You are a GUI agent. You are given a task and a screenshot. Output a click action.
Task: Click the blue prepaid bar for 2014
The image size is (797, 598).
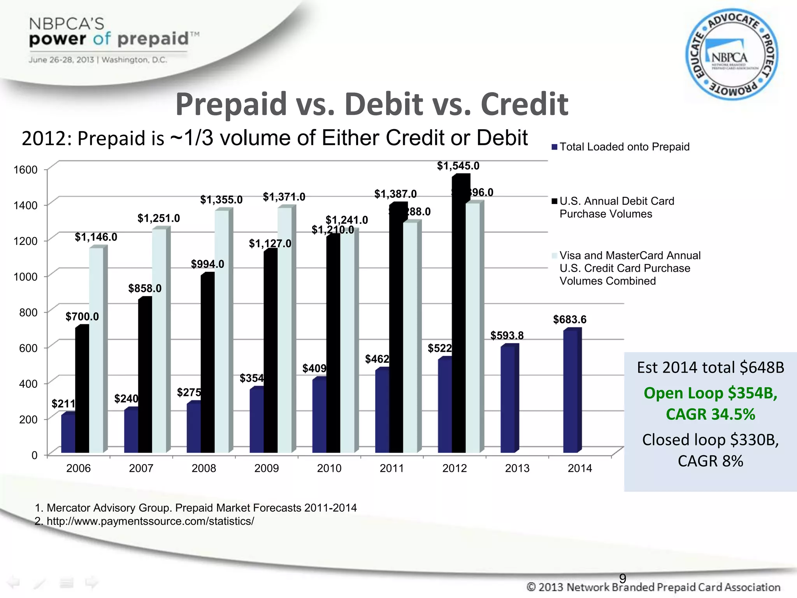[x=571, y=391]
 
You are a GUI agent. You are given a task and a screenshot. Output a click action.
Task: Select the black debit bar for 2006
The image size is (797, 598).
[x=82, y=389]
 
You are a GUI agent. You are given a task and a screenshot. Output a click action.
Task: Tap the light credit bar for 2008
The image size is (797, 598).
[x=222, y=331]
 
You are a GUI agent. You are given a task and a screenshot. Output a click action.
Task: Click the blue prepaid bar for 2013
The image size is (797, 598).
[x=508, y=399]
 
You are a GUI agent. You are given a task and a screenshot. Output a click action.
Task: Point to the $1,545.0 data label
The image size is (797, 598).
[x=458, y=166]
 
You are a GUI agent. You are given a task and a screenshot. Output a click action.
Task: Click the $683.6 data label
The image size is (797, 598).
[x=570, y=320]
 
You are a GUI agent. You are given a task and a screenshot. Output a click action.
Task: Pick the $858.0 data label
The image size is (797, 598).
[x=145, y=288]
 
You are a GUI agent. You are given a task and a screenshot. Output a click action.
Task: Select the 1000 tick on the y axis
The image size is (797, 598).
[x=25, y=277]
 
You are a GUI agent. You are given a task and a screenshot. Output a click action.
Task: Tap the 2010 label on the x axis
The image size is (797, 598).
[x=329, y=468]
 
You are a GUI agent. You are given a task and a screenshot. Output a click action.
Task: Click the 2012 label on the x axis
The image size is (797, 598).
[x=455, y=468]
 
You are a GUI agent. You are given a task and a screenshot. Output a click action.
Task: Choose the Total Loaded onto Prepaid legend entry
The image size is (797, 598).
[x=624, y=147]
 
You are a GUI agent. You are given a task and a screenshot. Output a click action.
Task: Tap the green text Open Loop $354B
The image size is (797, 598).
[x=710, y=393]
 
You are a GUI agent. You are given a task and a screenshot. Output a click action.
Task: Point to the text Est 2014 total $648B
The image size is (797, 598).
[x=710, y=368]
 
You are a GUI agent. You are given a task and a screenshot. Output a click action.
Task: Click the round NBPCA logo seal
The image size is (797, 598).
[x=732, y=55]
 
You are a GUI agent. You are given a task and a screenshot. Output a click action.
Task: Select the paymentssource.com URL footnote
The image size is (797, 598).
[x=150, y=521]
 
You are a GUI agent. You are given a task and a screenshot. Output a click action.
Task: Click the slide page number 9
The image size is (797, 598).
[x=623, y=578]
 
